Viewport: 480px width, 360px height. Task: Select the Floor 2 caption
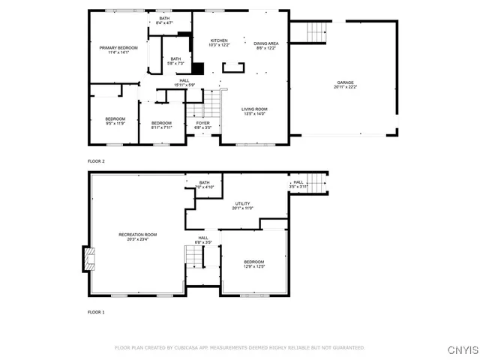coord(97,161)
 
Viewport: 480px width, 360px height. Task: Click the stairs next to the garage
coord(318,31)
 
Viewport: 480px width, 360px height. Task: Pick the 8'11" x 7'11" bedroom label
coord(161,125)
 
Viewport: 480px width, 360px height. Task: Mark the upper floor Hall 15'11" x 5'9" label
coord(184,82)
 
